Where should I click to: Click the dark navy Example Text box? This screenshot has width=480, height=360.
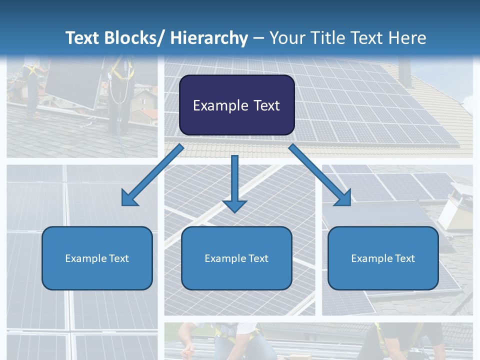[x=236, y=105]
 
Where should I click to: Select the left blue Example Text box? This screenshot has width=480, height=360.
[x=97, y=258]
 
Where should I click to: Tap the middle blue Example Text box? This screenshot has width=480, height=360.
[x=236, y=258]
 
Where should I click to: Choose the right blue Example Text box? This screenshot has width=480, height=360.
[x=383, y=258]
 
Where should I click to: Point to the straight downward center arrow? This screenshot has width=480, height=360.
[x=234, y=180]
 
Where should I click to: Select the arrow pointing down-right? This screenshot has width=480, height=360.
[x=317, y=172]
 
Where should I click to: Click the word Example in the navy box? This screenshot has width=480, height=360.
[x=220, y=105]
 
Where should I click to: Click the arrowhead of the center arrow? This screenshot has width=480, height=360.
[x=234, y=205]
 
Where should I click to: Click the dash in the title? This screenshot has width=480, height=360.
[x=258, y=38]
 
